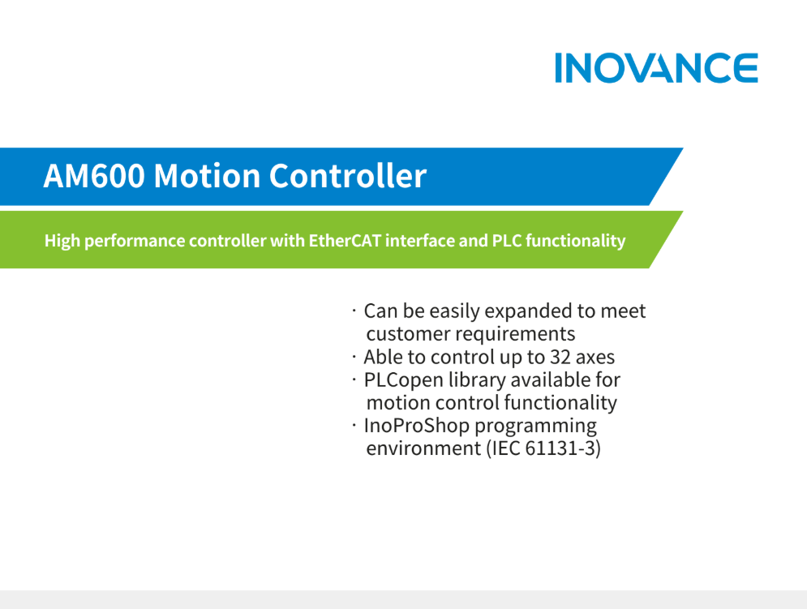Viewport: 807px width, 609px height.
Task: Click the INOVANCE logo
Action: [656, 67]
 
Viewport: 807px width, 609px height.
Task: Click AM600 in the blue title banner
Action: [94, 176]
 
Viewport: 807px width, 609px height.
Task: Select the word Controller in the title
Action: [348, 175]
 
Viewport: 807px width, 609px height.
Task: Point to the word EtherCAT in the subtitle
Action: [345, 240]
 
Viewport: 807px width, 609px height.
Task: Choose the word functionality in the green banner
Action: [575, 241]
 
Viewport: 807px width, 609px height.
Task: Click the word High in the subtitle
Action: [62, 241]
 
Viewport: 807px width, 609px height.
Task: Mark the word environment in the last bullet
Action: [423, 448]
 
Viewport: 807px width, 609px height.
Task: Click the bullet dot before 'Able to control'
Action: [354, 356]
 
